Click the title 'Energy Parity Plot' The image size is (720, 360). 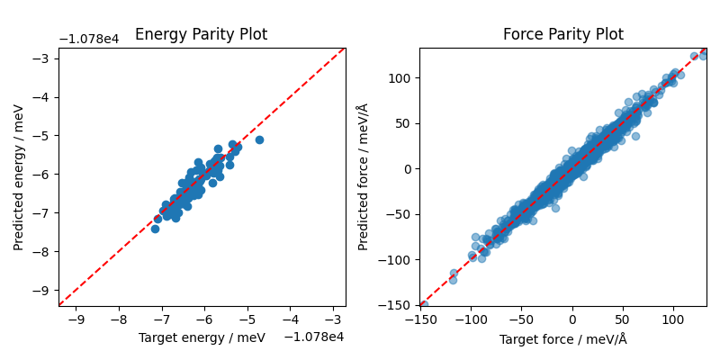[x=201, y=35]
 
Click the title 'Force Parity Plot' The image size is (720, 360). [x=562, y=35]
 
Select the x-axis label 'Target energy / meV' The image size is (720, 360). [x=201, y=337]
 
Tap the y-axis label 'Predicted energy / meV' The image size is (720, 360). [x=19, y=177]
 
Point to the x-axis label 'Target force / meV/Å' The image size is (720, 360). [x=562, y=338]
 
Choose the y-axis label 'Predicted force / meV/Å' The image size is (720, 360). [x=363, y=177]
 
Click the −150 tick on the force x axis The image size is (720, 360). [x=419, y=319]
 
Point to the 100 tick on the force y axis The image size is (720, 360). [x=400, y=77]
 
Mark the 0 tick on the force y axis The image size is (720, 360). [x=407, y=168]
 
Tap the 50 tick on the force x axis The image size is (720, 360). [x=623, y=319]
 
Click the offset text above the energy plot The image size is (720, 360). [x=89, y=40]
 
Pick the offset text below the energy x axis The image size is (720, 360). [x=314, y=337]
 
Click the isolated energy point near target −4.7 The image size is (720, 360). [x=259, y=139]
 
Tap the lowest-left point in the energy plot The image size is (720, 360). [x=155, y=229]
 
